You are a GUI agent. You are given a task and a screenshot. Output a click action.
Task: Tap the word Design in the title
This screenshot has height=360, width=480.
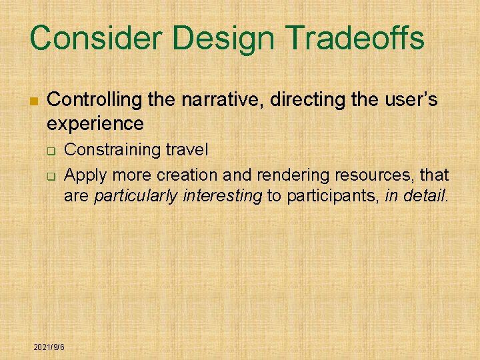click(216, 38)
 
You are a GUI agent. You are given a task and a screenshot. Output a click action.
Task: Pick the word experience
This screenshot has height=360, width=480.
click(95, 123)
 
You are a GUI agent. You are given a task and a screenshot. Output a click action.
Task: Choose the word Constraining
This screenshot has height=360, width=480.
click(111, 150)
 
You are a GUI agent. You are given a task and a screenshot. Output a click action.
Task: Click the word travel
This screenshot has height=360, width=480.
click(185, 150)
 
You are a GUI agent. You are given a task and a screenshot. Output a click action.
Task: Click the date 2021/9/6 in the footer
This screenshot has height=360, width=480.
click(54, 347)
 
